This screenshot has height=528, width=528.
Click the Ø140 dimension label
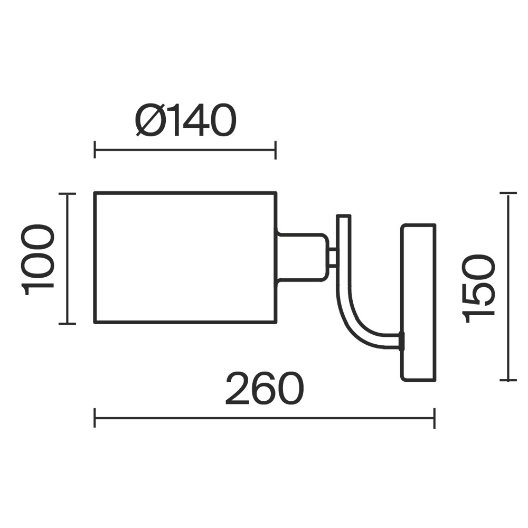click(x=185, y=120)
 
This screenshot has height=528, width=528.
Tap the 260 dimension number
click(x=265, y=388)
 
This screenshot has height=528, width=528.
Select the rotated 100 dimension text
click(x=37, y=259)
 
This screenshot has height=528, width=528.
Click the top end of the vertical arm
click(x=344, y=216)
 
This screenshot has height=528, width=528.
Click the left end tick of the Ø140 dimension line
click(x=95, y=150)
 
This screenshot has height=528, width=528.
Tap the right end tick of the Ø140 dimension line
click(x=276, y=150)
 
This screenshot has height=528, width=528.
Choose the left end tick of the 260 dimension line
click(x=95, y=418)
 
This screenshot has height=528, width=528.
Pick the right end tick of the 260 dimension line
click(x=435, y=418)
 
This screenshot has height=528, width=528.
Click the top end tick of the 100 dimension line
click(x=68, y=194)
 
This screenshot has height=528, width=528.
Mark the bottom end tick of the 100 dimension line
click(x=68, y=324)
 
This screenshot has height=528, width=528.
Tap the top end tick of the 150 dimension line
click(x=508, y=193)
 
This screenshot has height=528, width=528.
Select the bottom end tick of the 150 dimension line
click(x=508, y=380)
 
